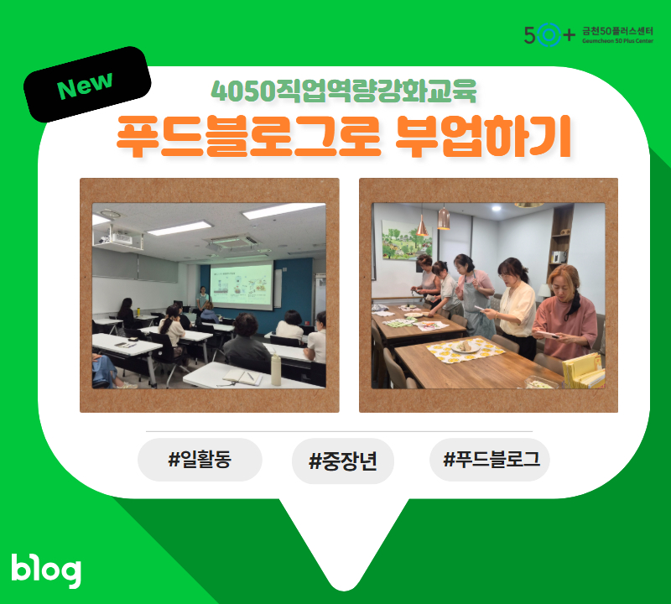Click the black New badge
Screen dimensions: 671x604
coord(87,85)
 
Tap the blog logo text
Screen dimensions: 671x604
coord(46,570)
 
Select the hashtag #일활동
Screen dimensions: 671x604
coord(200,460)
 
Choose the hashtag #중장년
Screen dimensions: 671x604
coord(343,461)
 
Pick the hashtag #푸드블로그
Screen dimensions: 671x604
coord(490,460)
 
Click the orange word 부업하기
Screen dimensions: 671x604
coord(483,137)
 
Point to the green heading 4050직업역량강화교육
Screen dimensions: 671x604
coord(344,91)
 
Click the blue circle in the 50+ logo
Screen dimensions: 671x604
coord(549,34)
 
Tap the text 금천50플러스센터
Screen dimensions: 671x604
coord(617,31)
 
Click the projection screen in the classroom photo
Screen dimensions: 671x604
coord(242,285)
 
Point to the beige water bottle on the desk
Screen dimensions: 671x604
coord(276,369)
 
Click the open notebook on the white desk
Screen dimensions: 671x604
coord(242,377)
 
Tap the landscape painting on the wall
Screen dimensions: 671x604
coord(405,240)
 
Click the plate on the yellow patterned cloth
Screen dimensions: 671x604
coord(466,346)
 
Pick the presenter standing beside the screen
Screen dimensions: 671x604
coord(202,298)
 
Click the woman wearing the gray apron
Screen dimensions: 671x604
coord(475,295)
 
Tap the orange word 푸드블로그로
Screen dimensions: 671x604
coord(249,137)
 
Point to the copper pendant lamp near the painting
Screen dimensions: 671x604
coord(444,218)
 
